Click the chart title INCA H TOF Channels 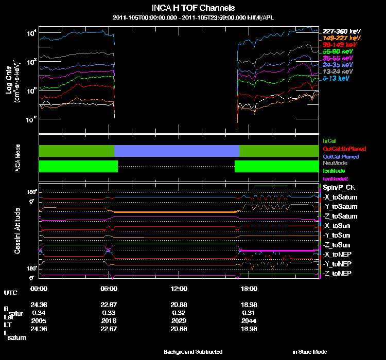click(x=193, y=8)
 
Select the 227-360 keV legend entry click(x=339, y=31)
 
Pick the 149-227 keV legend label click(x=339, y=38)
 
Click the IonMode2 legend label click(x=334, y=178)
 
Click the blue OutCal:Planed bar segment click(x=177, y=151)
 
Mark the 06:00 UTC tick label click(x=109, y=289)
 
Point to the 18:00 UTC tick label click(x=249, y=289)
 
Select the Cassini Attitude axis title click(x=17, y=229)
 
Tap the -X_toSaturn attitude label click(x=340, y=197)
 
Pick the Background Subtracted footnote click(x=193, y=352)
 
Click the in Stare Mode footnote click(x=309, y=352)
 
